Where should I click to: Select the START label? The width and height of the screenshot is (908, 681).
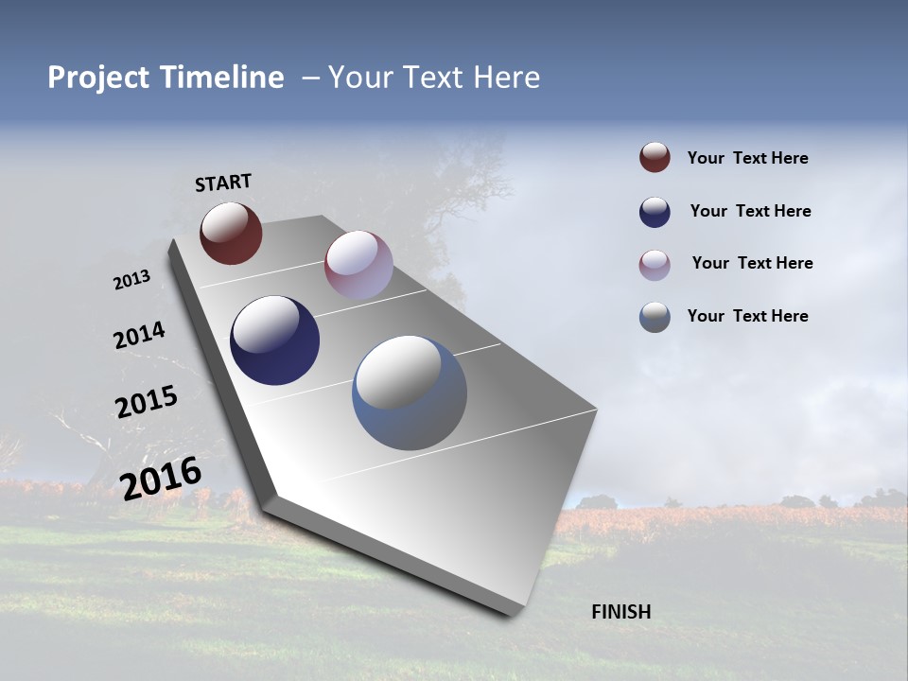[x=223, y=183]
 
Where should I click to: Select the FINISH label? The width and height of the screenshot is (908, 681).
[x=621, y=612]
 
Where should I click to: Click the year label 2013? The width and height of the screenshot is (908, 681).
[x=131, y=280]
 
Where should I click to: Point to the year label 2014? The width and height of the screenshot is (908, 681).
[x=139, y=336]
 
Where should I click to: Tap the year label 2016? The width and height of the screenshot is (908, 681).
[x=161, y=478]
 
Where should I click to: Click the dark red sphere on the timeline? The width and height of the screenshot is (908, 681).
[x=231, y=233]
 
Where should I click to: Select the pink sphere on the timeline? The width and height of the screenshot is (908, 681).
[x=358, y=265]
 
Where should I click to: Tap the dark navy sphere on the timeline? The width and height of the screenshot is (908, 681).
[x=275, y=340]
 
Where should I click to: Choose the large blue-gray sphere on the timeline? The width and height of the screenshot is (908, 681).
[x=410, y=393]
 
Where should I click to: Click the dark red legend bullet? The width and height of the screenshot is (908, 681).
[x=655, y=158]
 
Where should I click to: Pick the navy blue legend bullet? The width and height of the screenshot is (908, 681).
[x=655, y=212]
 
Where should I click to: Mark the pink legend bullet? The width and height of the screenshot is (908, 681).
[x=655, y=265]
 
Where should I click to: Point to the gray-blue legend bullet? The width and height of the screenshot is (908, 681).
[x=655, y=317]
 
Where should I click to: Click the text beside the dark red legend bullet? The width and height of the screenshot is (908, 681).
[x=747, y=159]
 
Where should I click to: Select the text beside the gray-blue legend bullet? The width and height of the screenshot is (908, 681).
[x=747, y=316]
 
